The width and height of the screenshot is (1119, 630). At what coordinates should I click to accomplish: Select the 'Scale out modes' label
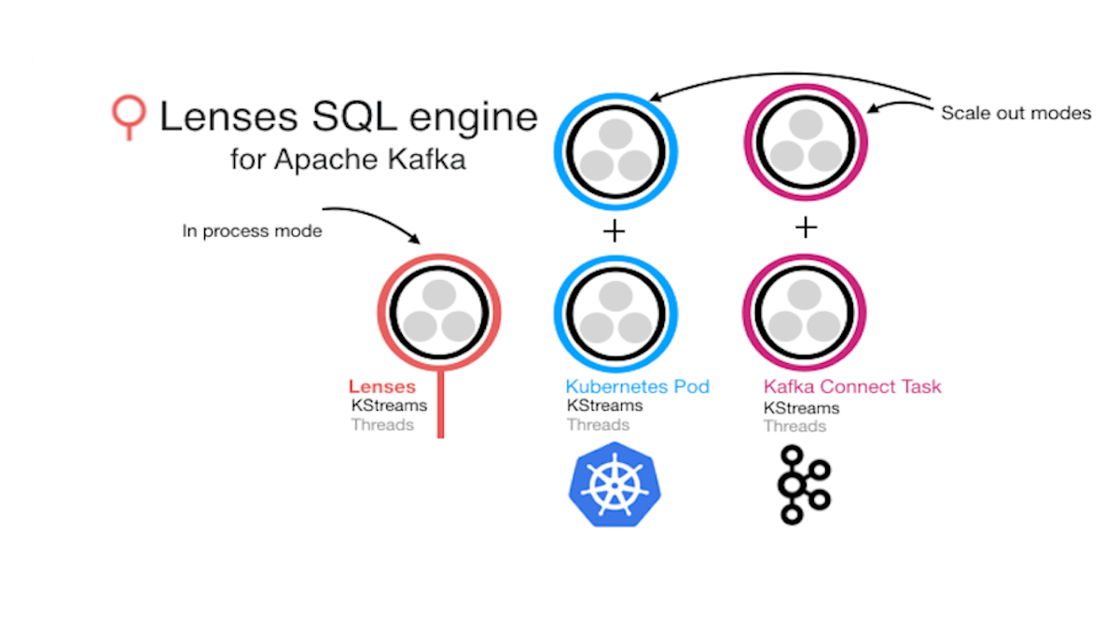pyautogui.click(x=1015, y=113)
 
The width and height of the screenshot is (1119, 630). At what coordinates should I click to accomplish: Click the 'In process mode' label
pyautogui.click(x=252, y=231)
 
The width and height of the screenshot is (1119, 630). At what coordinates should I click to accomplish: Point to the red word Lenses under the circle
pyautogui.click(x=382, y=386)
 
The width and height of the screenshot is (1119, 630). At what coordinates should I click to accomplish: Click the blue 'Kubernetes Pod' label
pyautogui.click(x=637, y=386)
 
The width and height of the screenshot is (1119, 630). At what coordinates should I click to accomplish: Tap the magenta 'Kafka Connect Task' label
pyautogui.click(x=852, y=386)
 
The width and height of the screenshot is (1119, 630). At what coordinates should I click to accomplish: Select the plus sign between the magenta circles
pyautogui.click(x=806, y=228)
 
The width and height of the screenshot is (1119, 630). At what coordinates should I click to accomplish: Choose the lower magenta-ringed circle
pyautogui.click(x=805, y=313)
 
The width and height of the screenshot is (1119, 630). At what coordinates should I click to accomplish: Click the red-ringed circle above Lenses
pyautogui.click(x=439, y=312)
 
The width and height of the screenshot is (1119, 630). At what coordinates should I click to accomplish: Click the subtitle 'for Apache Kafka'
pyautogui.click(x=348, y=160)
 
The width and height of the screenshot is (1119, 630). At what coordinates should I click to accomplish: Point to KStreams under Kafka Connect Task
pyautogui.click(x=802, y=408)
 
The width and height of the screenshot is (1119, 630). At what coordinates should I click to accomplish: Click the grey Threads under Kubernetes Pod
pyautogui.click(x=598, y=425)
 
